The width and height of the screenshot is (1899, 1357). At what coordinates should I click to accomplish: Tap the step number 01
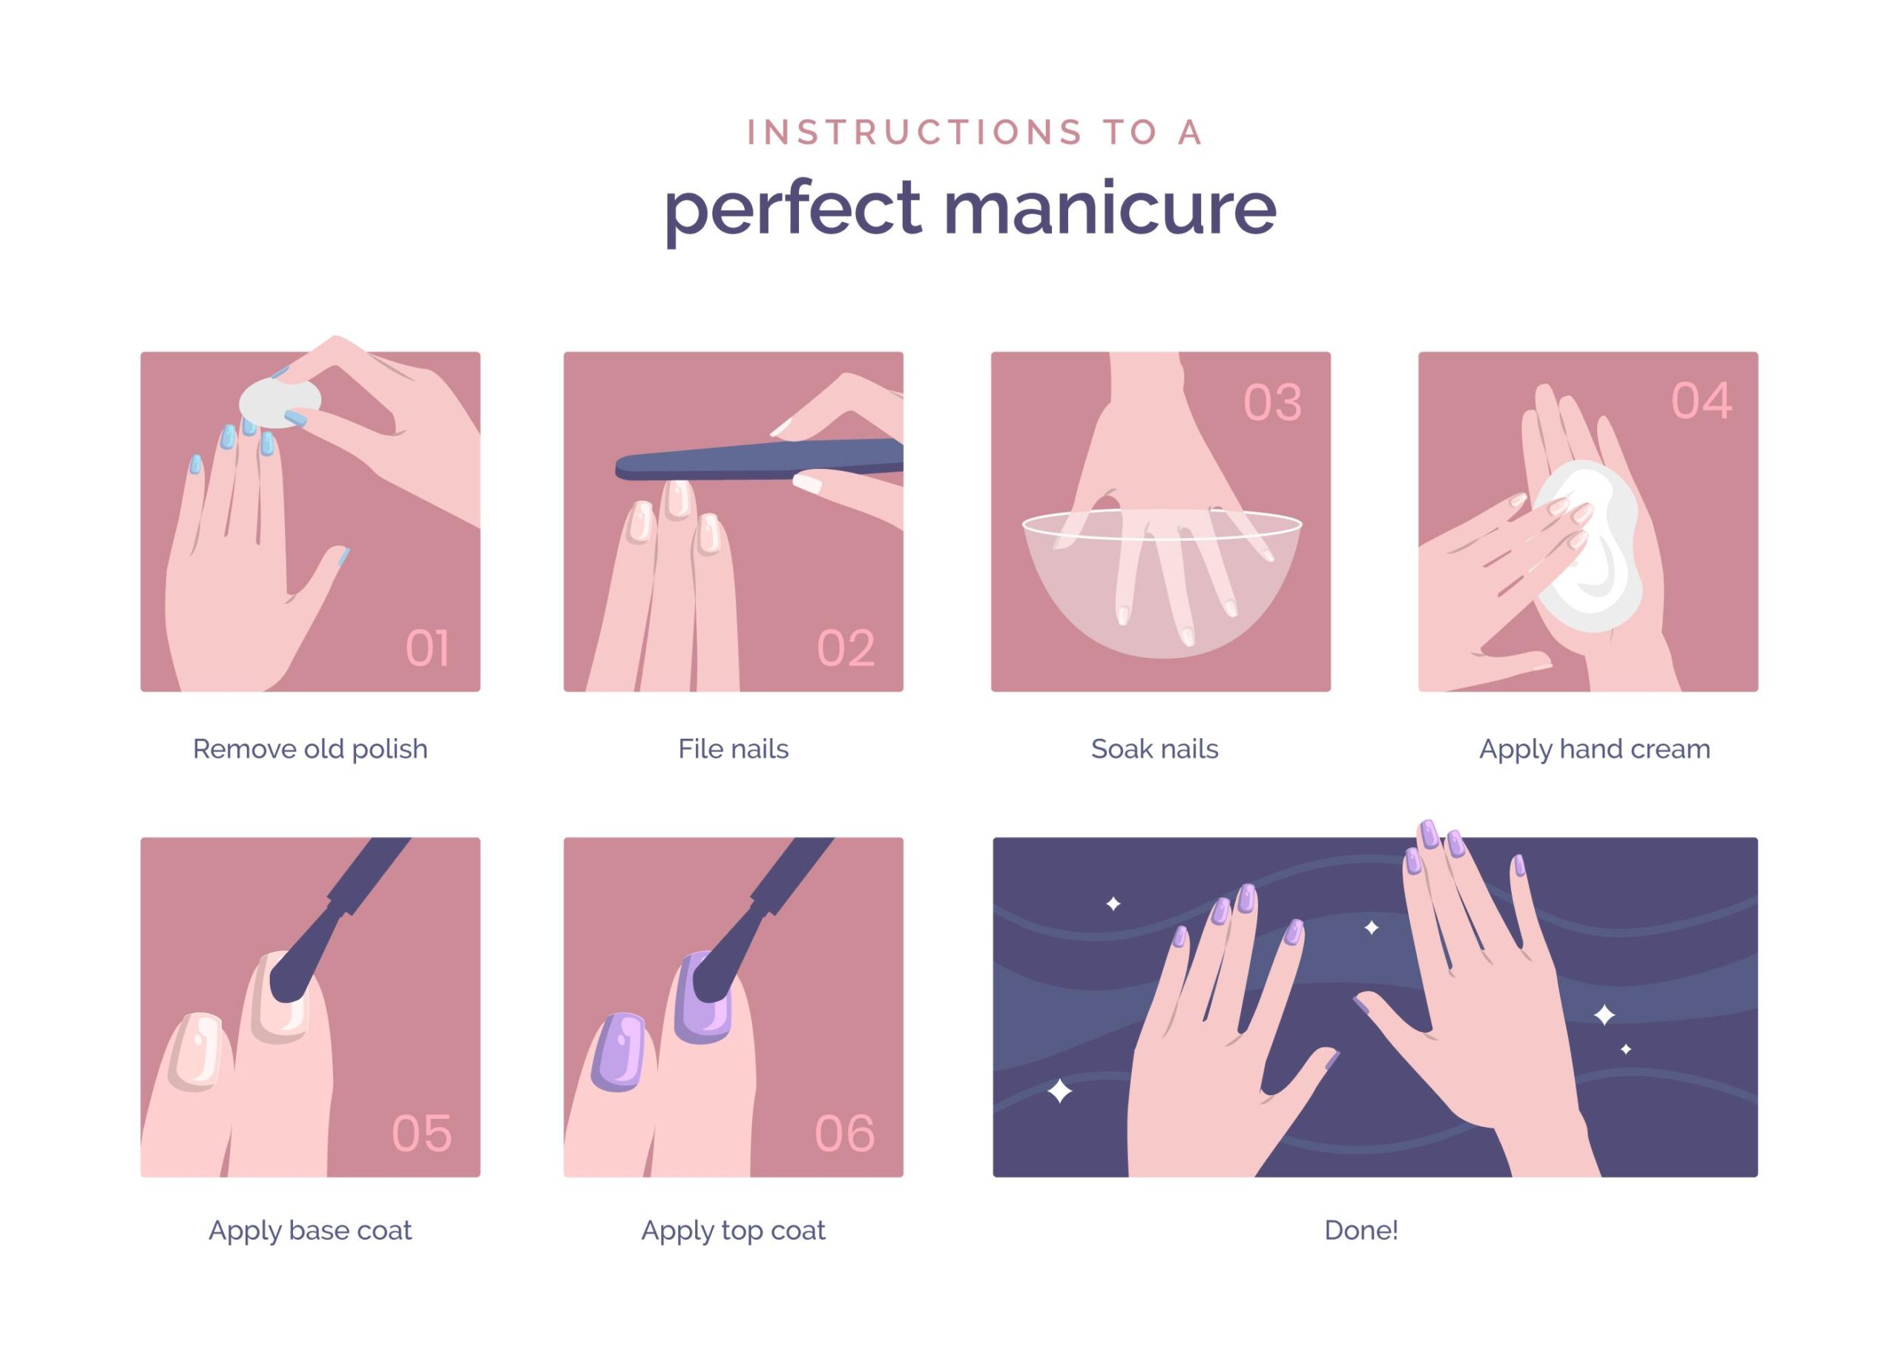[427, 648]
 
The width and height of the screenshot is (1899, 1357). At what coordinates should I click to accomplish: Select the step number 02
[846, 648]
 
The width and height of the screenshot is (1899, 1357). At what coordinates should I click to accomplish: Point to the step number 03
[1272, 403]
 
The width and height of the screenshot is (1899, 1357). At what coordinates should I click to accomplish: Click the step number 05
[422, 1133]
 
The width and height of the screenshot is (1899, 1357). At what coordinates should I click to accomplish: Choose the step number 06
[845, 1133]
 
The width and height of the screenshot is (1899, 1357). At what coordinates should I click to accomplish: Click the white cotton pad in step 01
[279, 403]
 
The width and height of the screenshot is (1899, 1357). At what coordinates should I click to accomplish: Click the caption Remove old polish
[310, 749]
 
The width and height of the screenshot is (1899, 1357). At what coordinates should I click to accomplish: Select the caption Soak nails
[1154, 749]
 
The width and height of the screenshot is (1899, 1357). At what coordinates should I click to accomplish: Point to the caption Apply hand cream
[1594, 749]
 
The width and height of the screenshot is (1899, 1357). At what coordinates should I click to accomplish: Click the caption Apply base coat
[310, 1230]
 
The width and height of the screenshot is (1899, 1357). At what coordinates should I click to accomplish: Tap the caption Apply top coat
[733, 1230]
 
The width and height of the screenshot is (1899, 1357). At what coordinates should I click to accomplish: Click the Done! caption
[1361, 1230]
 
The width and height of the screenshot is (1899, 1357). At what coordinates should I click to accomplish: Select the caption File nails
[733, 749]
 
